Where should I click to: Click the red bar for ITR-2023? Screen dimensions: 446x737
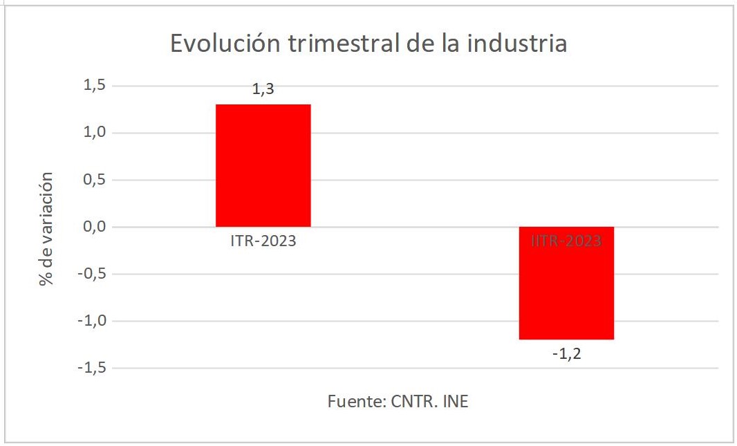click(x=263, y=165)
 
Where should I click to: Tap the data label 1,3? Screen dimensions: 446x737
click(x=263, y=89)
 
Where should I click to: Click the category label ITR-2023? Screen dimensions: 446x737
click(x=263, y=242)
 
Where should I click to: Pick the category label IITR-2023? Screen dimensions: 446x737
click(x=566, y=242)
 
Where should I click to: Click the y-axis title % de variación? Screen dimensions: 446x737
click(x=46, y=230)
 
